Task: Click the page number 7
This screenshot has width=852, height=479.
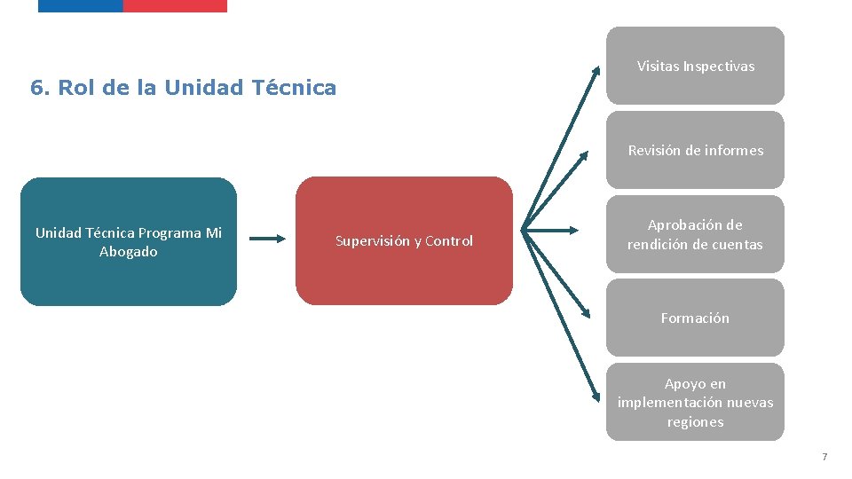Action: tap(824, 457)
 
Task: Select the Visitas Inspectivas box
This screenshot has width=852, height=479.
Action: tap(695, 66)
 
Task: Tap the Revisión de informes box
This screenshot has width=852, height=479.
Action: tap(695, 150)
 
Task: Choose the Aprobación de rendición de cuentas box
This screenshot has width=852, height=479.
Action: tap(695, 234)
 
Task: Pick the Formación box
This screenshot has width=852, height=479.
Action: tap(695, 318)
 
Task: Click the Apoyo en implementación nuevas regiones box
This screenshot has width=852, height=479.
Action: tap(695, 402)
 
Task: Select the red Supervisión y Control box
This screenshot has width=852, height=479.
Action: tap(404, 240)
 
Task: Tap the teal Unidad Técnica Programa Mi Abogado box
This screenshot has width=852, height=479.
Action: tap(129, 241)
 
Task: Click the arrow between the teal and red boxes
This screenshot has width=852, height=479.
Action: tap(266, 238)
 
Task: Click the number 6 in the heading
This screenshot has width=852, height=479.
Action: tap(37, 88)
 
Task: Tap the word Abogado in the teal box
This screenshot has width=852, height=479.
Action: tap(129, 252)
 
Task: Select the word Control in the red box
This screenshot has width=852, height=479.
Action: tap(449, 241)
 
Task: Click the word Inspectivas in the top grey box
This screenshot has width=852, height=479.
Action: tap(719, 67)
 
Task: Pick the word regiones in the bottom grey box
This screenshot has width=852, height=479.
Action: tap(695, 422)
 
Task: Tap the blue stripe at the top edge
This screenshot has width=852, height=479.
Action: tap(80, 5)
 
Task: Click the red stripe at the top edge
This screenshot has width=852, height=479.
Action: tap(175, 5)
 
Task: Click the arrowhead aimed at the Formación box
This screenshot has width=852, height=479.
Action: tap(587, 313)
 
